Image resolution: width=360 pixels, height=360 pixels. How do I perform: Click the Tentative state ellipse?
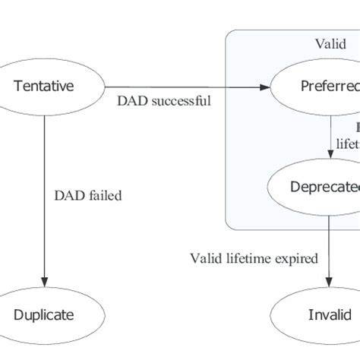[44, 87]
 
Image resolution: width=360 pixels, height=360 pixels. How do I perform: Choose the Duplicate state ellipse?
[44, 314]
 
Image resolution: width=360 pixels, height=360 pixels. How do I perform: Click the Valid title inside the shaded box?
[331, 44]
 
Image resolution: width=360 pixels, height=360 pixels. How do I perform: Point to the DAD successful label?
[164, 99]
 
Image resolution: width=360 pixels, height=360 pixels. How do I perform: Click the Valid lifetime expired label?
[253, 259]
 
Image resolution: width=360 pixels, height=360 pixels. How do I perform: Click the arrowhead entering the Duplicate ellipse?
[44, 283]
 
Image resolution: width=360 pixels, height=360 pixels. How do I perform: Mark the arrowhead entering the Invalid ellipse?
[328, 283]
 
